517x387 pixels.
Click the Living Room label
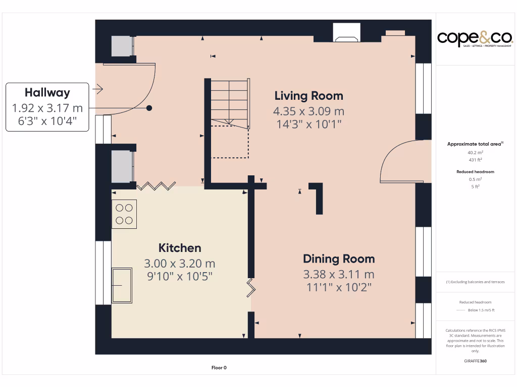click(308, 96)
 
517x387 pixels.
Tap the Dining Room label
click(339, 259)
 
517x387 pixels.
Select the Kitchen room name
click(180, 248)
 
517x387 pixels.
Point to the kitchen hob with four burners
click(124, 214)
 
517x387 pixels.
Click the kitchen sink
click(122, 285)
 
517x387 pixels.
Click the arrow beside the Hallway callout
click(97, 89)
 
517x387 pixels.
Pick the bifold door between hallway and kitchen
click(156, 186)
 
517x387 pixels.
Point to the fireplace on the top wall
click(346, 33)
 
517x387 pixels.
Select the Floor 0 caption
click(219, 368)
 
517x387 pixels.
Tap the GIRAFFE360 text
click(475, 361)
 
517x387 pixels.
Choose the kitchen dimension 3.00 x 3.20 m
click(180, 264)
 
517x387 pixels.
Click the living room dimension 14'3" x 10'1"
click(308, 123)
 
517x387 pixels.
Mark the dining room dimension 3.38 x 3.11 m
click(339, 275)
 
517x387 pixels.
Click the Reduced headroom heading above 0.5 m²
click(475, 172)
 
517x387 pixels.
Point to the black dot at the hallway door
click(149, 108)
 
